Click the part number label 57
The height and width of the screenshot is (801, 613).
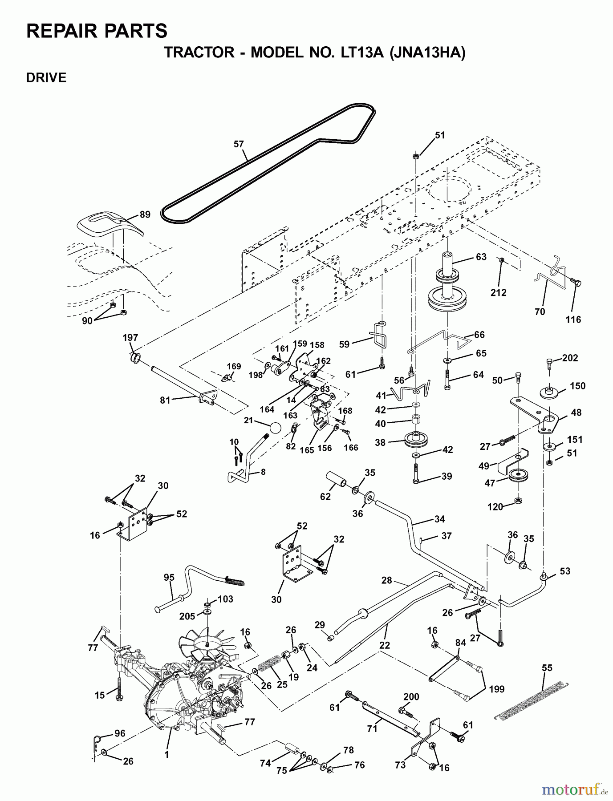[x=239, y=144]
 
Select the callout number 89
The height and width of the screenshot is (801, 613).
[x=145, y=214]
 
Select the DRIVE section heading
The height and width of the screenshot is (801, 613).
[x=46, y=77]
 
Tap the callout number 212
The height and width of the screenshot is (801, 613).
[x=499, y=292]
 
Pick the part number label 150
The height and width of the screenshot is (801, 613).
[x=577, y=386]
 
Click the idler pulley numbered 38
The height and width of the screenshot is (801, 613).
[x=415, y=441]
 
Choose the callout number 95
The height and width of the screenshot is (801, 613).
[x=169, y=578]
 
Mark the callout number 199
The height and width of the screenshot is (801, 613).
[x=496, y=689]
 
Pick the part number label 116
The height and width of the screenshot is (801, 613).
[x=573, y=319]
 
